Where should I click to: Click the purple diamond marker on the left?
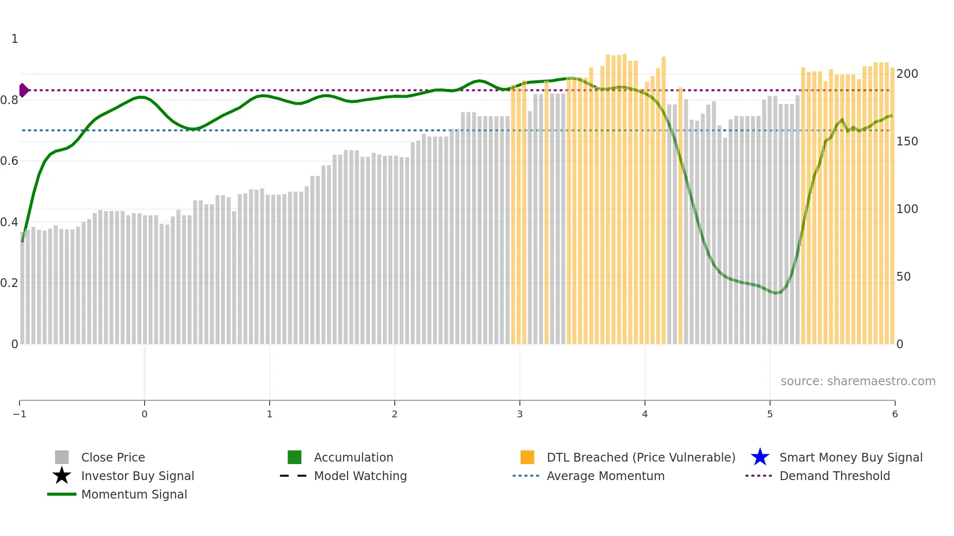tap(23, 90)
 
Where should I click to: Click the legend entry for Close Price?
tap(112, 457)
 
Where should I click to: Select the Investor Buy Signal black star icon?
tap(62, 476)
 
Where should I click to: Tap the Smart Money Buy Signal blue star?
tap(760, 457)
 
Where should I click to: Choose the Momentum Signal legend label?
tap(134, 494)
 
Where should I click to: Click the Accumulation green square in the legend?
tap(294, 457)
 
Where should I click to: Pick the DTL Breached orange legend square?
tap(527, 457)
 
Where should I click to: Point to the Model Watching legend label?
tap(360, 476)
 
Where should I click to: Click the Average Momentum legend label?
tap(605, 476)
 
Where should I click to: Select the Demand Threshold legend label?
tap(834, 476)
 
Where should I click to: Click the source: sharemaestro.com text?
tap(858, 381)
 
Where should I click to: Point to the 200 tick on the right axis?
tap(907, 73)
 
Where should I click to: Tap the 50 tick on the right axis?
tap(903, 276)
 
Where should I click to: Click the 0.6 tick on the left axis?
tap(9, 161)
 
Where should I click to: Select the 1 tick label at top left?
tap(15, 38)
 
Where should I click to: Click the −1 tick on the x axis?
tap(19, 414)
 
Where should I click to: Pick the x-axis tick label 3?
tap(520, 414)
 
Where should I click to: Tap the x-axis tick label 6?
tap(895, 414)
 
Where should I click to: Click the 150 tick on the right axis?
tap(907, 141)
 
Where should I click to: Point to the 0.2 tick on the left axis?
tap(9, 283)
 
